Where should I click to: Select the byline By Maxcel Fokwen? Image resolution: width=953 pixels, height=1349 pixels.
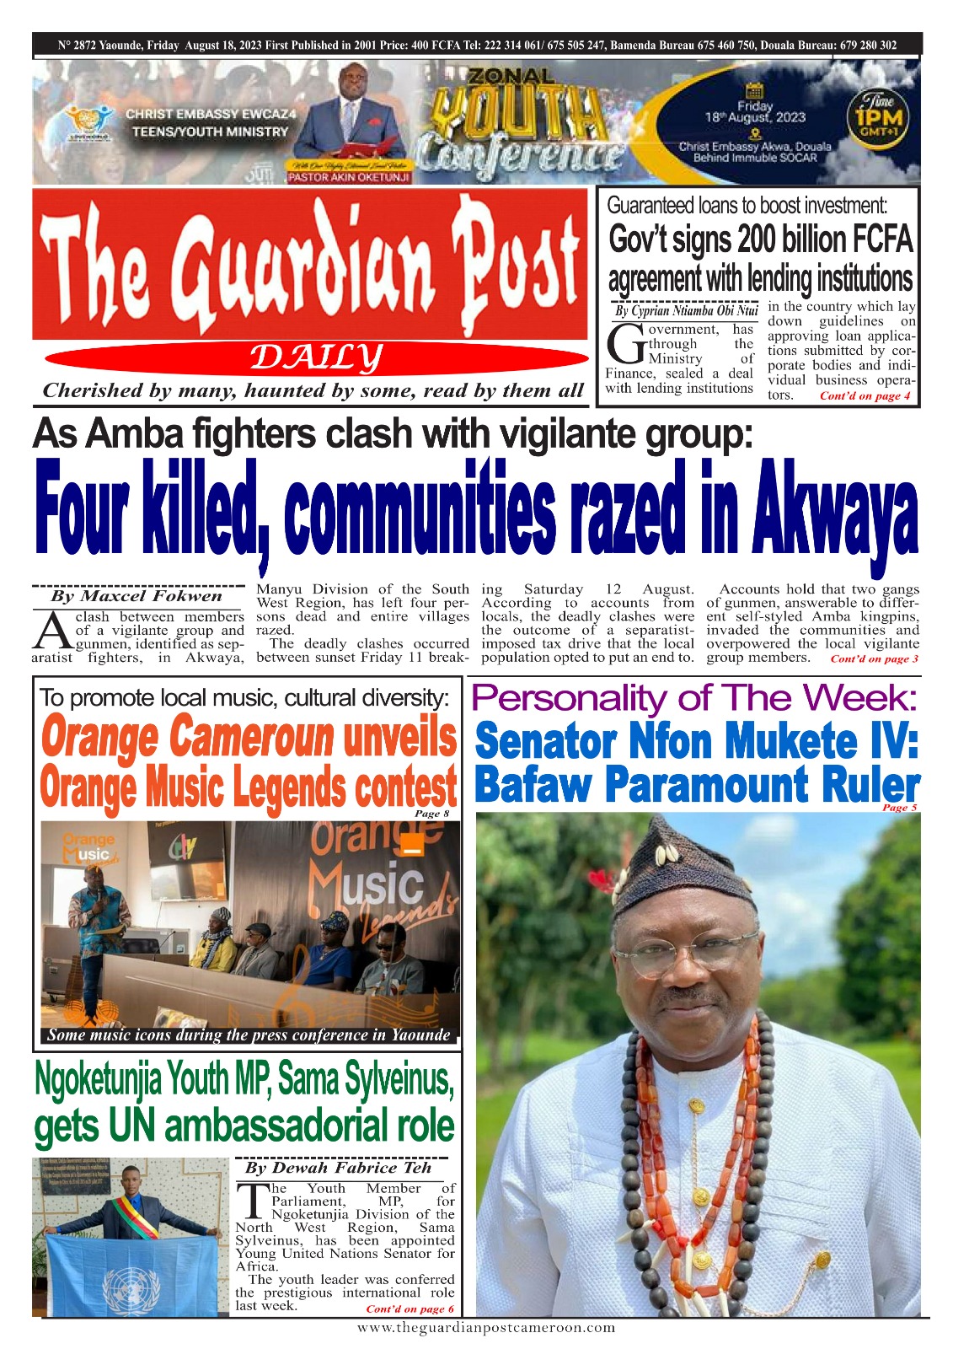(x=137, y=596)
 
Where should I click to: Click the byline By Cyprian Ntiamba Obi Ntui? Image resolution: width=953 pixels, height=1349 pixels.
(x=687, y=311)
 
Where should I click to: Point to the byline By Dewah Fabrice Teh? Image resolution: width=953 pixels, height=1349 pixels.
(x=338, y=1168)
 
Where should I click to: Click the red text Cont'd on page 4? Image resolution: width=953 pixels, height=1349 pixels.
(x=865, y=396)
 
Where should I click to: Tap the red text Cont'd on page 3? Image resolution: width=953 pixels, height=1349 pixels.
(x=875, y=658)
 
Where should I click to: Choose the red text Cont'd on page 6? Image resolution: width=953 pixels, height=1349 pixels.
(x=410, y=1309)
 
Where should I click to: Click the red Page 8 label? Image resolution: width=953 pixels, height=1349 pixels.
(x=432, y=814)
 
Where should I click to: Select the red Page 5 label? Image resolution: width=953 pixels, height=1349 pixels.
(x=899, y=808)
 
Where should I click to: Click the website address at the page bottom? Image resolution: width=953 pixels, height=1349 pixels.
(x=486, y=1328)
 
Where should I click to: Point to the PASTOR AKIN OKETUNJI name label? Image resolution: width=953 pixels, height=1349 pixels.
(x=349, y=177)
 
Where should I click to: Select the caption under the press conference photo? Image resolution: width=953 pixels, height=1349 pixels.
(x=249, y=1035)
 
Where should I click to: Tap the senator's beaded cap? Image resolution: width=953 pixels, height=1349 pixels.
(x=683, y=877)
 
